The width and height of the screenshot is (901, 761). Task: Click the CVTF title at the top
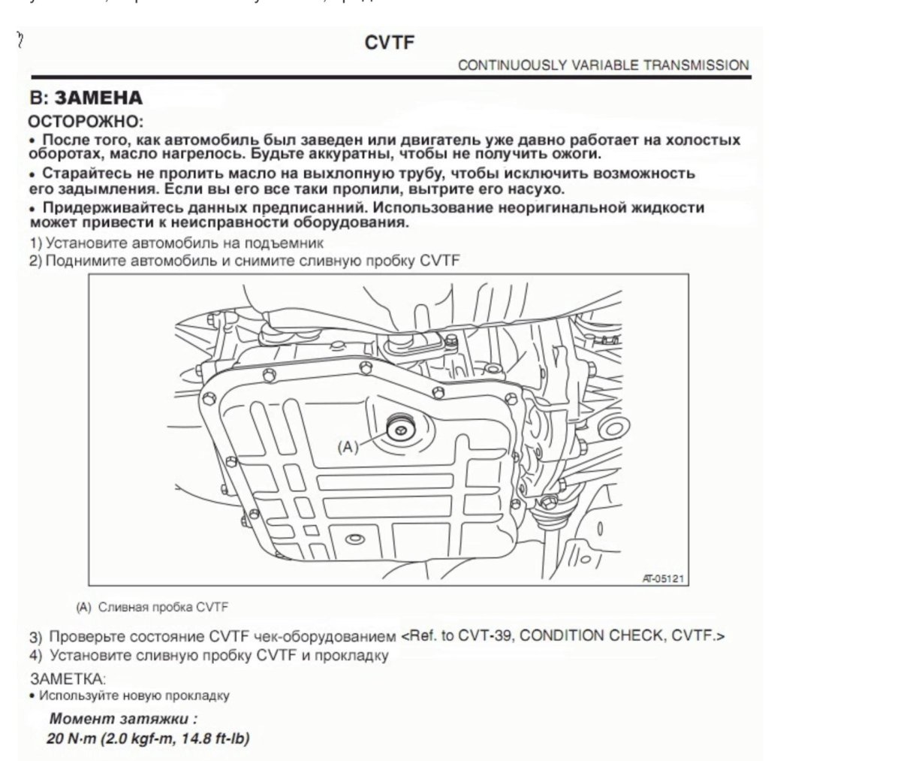point(389,43)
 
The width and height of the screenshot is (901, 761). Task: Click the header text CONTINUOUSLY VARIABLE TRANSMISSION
point(603,65)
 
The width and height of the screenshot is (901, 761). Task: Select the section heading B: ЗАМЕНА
point(85,98)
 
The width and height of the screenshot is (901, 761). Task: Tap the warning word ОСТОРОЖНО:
point(85,121)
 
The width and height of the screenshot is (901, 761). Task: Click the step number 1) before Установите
point(35,243)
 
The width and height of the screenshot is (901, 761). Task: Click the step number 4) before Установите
point(35,655)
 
